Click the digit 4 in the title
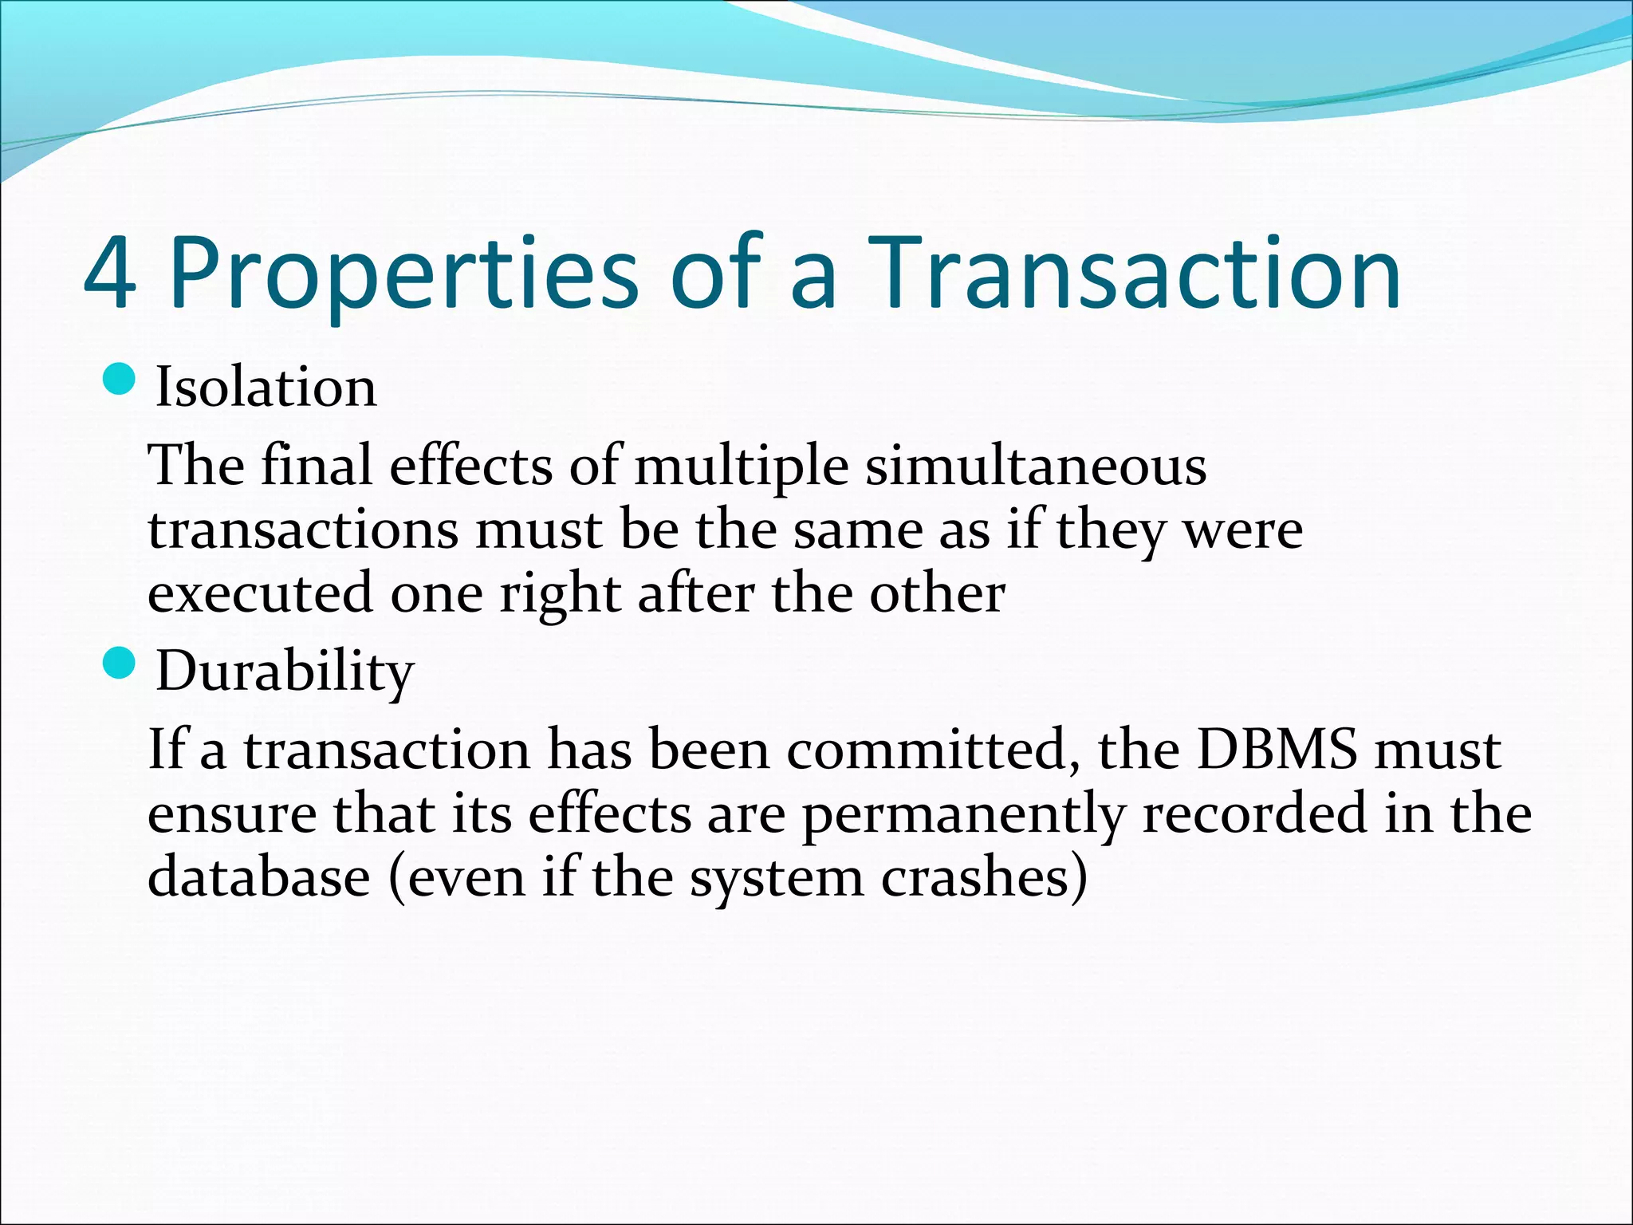click(x=110, y=274)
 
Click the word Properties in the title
click(x=403, y=274)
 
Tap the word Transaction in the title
click(x=1135, y=274)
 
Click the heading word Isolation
click(x=266, y=388)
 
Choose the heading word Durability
click(x=285, y=672)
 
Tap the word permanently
click(x=962, y=815)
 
